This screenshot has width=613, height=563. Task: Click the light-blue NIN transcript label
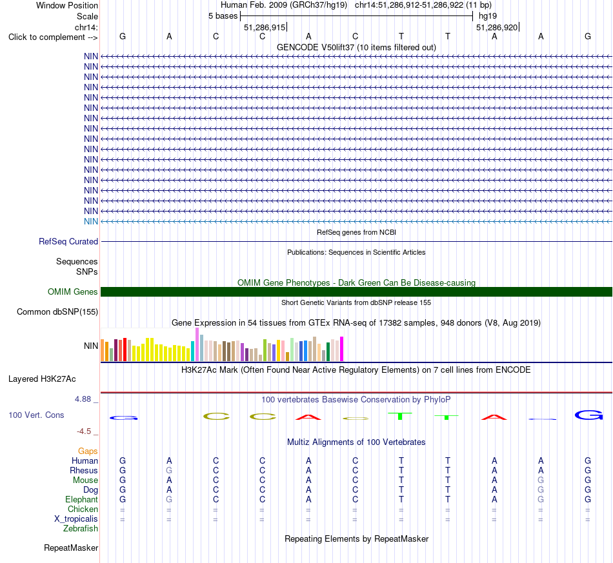tap(91, 222)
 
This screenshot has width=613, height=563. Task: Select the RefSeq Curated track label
tap(68, 241)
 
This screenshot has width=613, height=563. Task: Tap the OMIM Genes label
tap(73, 292)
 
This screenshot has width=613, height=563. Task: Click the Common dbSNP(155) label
tap(57, 311)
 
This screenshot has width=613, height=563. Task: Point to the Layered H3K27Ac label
tap(42, 379)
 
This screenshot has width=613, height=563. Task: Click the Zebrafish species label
tap(81, 529)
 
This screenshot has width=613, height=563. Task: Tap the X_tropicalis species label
tap(76, 519)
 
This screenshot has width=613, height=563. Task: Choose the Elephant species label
tap(82, 500)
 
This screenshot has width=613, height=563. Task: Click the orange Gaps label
tap(88, 451)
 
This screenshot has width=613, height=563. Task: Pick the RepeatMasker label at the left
tap(71, 548)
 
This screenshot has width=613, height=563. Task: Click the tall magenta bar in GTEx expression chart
tap(342, 349)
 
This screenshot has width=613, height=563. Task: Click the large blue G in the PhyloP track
tap(588, 415)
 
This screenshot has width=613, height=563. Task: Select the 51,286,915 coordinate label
tap(265, 27)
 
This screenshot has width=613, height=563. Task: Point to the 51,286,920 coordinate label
tap(497, 27)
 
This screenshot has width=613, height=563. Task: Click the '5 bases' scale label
tap(223, 16)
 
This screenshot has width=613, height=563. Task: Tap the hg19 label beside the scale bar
tap(488, 16)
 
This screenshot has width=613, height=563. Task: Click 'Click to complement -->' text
tap(53, 37)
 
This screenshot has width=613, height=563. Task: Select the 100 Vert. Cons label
tap(36, 415)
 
